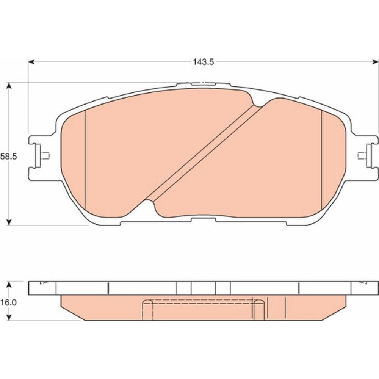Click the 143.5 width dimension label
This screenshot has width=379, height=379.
[203, 62]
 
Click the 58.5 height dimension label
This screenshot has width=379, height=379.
[8, 157]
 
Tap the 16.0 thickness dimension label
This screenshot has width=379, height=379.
[8, 302]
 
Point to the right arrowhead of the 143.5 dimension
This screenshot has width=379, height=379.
[375, 62]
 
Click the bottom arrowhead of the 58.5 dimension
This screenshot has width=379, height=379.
[9, 222]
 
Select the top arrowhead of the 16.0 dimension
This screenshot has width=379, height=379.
[9, 285]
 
